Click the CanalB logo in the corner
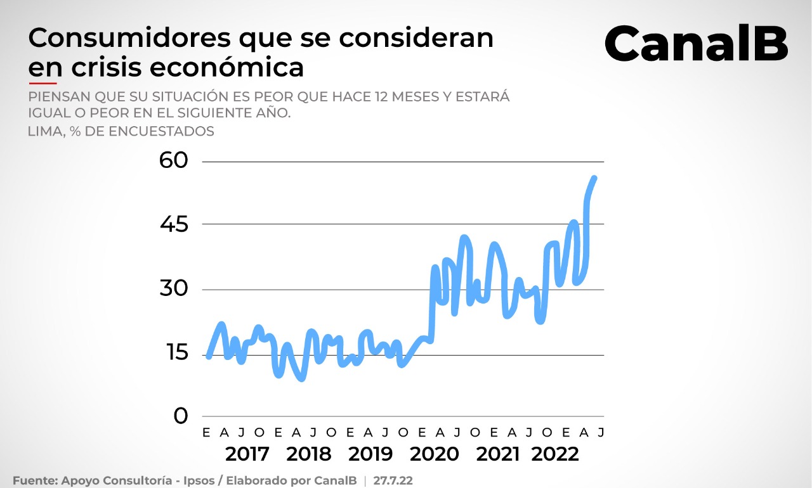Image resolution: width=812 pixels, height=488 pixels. coord(696,43)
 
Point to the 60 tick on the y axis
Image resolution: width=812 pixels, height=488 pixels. coord(174,160)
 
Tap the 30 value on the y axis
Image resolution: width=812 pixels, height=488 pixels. coord(174,289)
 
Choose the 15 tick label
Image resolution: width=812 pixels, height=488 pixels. coord(174,353)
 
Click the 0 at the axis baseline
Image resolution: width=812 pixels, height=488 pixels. coord(181,416)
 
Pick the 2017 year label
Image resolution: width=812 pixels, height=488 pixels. coord(247,454)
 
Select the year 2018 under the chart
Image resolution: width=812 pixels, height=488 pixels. coord(309,454)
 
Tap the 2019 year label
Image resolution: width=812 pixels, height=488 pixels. coord(371,454)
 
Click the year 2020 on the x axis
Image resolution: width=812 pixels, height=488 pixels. coord(435,454)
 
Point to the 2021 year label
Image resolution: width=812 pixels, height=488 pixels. coord(498,454)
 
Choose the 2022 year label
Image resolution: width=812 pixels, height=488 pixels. coord(556,454)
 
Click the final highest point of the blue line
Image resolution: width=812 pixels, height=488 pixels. coord(594,178)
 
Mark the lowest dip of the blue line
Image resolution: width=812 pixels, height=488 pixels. coord(301,378)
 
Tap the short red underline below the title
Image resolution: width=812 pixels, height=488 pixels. coord(43,82)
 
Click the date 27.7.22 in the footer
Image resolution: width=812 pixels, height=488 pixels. coord(393,480)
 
